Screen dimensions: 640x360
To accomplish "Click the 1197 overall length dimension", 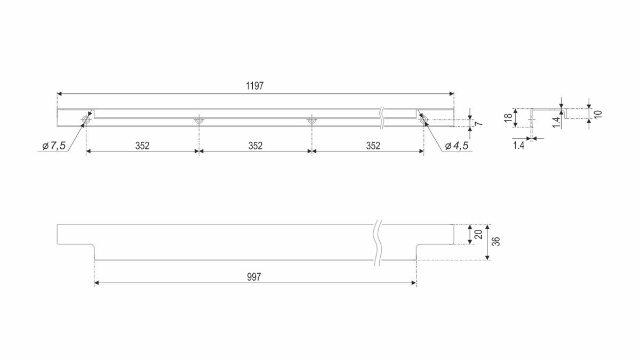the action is coord(255,86).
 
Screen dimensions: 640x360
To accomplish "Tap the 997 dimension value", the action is coord(254,277).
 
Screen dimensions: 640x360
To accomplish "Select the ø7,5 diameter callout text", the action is coord(54,146).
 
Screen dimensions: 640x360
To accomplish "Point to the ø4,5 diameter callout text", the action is coord(457,146).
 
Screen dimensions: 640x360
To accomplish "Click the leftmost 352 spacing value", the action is coord(142,146).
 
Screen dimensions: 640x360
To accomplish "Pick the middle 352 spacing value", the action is coord(255,146).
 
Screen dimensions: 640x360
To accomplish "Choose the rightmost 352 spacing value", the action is coord(373,146).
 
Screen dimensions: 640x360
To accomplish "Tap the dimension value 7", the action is coord(479,123).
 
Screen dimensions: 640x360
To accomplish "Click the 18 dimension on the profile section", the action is coord(508,118).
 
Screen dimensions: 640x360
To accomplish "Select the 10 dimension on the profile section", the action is coord(598,114).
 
